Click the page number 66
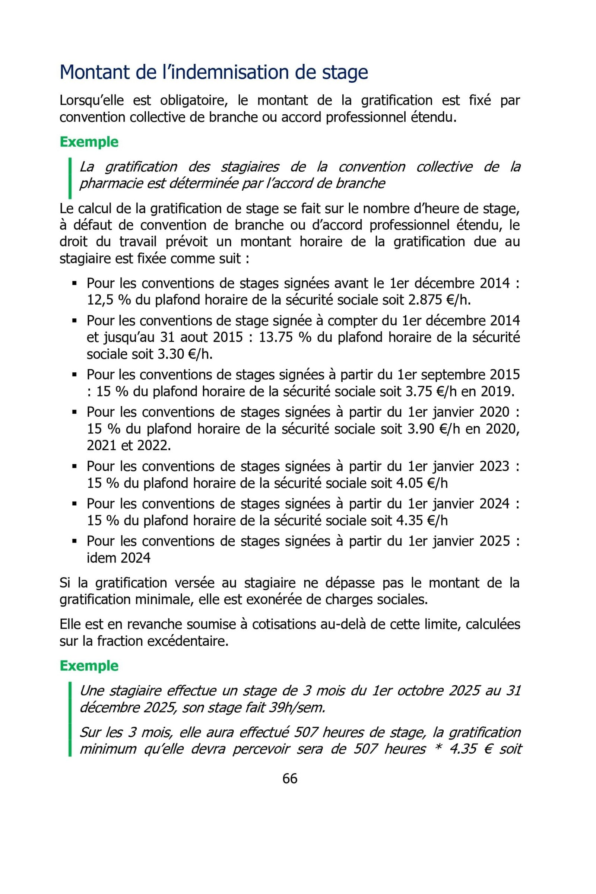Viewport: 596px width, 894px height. [290, 778]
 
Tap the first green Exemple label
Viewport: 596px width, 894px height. [89, 142]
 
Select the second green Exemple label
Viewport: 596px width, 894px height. [89, 666]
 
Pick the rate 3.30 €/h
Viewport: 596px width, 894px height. [184, 354]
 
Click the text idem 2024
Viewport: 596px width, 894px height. [118, 558]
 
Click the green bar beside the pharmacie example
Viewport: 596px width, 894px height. [70, 178]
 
